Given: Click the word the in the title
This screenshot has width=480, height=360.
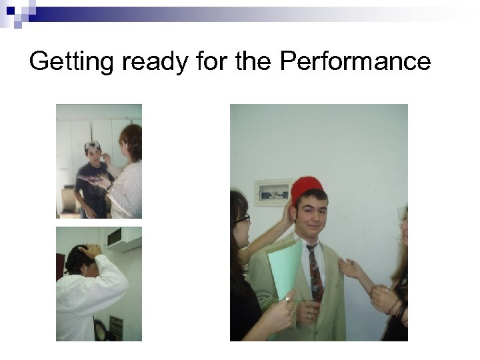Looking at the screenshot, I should (255, 61).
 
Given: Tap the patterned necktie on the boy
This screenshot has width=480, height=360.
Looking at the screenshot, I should (314, 270).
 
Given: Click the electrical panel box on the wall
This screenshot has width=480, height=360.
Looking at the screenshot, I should (274, 192).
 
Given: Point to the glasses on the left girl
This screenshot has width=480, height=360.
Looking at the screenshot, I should (243, 218).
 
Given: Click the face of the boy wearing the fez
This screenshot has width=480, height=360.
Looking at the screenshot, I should (311, 213).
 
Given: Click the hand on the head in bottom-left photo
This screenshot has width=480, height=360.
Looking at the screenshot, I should (89, 251).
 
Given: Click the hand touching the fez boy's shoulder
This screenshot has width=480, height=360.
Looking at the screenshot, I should (349, 268).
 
